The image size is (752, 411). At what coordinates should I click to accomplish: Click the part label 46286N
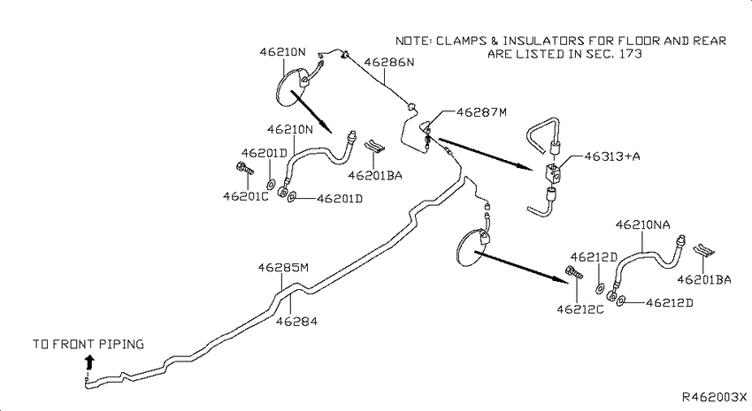tap(389, 62)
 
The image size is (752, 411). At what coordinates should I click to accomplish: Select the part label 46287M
tap(481, 112)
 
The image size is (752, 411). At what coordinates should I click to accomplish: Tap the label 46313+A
tap(612, 156)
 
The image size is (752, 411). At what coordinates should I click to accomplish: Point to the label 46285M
tap(283, 267)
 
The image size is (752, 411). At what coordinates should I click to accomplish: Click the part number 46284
tap(296, 321)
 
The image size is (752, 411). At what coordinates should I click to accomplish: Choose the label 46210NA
tap(642, 225)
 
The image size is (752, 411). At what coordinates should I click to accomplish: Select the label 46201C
tap(246, 196)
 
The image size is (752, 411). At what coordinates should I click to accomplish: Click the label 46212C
tap(579, 309)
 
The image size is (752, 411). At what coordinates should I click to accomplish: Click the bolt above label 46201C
tap(244, 169)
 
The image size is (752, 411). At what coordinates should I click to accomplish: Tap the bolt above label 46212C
tap(574, 271)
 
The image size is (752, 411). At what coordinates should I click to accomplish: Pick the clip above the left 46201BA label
tap(374, 146)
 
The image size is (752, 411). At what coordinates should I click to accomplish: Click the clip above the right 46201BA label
tap(704, 250)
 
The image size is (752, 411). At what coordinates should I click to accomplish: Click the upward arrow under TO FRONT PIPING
tap(89, 362)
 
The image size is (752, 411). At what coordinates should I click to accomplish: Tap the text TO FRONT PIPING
tap(88, 344)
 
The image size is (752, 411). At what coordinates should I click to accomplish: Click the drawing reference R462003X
tap(715, 397)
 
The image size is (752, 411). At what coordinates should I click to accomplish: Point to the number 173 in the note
tap(630, 53)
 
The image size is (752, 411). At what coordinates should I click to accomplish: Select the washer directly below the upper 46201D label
tap(271, 183)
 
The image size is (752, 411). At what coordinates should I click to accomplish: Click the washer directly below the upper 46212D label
tap(600, 288)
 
